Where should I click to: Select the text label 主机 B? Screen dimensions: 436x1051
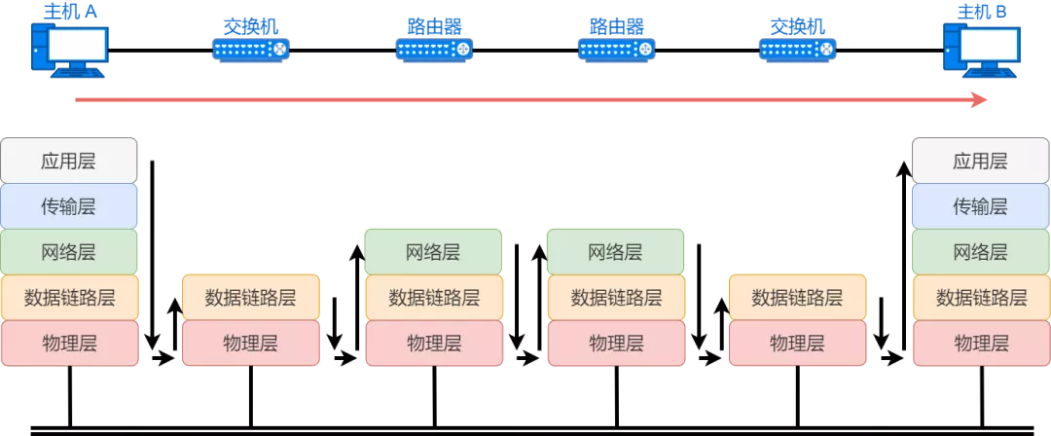click(x=981, y=12)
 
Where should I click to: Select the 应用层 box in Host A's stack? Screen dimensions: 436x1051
click(x=69, y=161)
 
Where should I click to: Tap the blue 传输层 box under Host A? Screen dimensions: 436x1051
click(x=69, y=206)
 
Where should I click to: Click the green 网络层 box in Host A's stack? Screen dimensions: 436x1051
click(x=69, y=252)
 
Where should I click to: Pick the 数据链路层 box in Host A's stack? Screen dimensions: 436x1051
click(x=69, y=298)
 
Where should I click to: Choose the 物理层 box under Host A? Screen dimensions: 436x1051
click(x=69, y=343)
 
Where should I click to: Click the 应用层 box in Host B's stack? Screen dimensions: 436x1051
click(x=981, y=161)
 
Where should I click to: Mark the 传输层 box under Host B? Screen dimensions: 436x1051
click(x=981, y=206)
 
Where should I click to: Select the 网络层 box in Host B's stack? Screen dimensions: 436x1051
click(x=981, y=252)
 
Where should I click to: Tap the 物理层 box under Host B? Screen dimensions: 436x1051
click(x=981, y=343)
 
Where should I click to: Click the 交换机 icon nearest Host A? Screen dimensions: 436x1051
click(x=251, y=49)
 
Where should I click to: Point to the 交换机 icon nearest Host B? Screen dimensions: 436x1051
click(x=798, y=49)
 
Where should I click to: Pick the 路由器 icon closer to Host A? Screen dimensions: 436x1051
click(x=434, y=49)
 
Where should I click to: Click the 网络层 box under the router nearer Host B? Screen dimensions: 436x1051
click(x=615, y=252)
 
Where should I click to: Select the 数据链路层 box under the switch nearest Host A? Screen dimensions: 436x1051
click(x=251, y=298)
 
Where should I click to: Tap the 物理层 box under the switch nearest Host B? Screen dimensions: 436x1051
click(x=798, y=343)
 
